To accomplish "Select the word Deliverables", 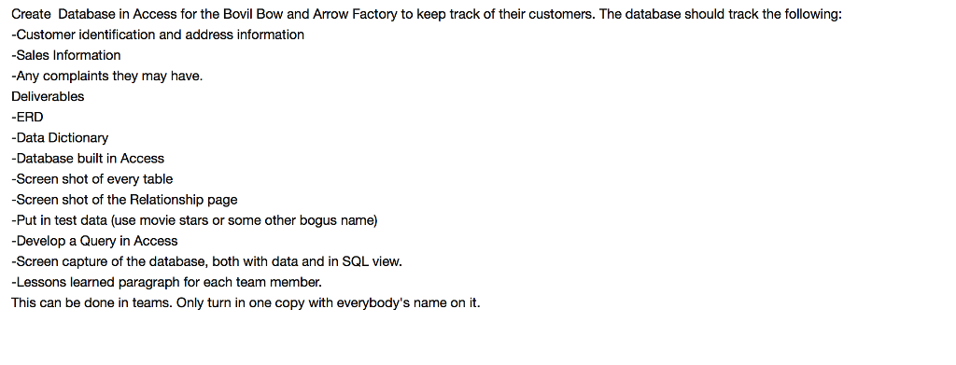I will [x=48, y=96].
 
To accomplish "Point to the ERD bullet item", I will [x=29, y=117].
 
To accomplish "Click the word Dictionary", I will [x=78, y=137].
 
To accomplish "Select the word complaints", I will [x=77, y=76].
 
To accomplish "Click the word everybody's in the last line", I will [x=358, y=302].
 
